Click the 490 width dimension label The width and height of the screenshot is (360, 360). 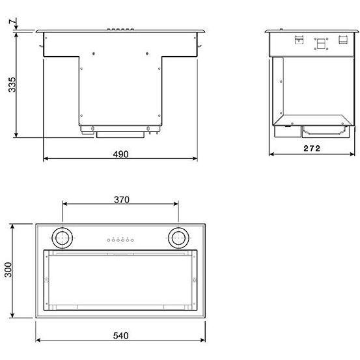(x=121, y=154)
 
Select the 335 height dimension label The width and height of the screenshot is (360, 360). (x=12, y=85)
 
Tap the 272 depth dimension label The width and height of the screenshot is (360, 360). (x=312, y=148)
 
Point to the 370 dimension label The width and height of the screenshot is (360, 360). (x=122, y=200)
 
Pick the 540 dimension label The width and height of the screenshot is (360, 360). (x=121, y=336)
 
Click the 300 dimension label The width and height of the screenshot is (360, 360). (x=8, y=270)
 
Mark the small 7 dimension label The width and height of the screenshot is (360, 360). (x=13, y=21)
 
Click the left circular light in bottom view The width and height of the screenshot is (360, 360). (x=62, y=238)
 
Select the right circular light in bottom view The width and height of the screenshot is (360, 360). (x=178, y=238)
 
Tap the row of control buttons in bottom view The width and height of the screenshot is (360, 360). (x=120, y=240)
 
